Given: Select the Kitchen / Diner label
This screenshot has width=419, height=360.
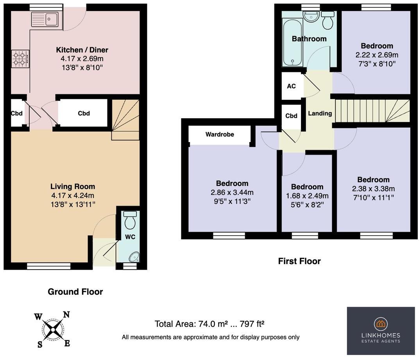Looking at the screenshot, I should point(82,50).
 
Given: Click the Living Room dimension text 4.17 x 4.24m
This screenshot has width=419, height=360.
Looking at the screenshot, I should point(73,195).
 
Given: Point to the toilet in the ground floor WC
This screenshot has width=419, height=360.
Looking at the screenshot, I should point(129,220).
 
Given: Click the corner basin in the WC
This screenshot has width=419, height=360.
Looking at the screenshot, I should point(134,257).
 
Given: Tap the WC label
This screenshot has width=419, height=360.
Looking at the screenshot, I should point(130,237).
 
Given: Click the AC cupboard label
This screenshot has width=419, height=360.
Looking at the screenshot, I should point(291,86).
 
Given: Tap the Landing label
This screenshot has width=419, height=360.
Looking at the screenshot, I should point(320,113).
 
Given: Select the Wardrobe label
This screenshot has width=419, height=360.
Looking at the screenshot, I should point(220,134).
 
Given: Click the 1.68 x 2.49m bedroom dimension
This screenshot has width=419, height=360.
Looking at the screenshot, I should point(307,196).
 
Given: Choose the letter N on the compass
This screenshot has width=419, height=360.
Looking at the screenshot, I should point(66,314).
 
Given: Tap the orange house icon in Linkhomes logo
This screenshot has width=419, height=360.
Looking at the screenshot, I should point(381,323).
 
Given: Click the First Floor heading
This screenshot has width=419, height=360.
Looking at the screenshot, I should point(299,261).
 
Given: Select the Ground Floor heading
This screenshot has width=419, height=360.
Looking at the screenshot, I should point(75,292).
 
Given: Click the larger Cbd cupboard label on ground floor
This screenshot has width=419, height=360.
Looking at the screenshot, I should point(84,113).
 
